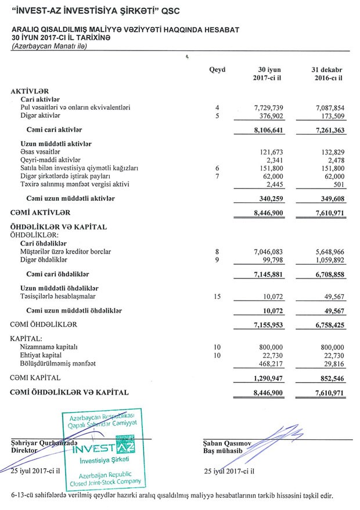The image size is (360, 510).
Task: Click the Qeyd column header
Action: point(217,70)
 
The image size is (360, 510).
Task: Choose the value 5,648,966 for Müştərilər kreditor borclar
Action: point(329,252)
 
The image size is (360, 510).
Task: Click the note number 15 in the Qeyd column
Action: point(217,296)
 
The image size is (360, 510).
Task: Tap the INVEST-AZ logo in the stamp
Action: point(98,449)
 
